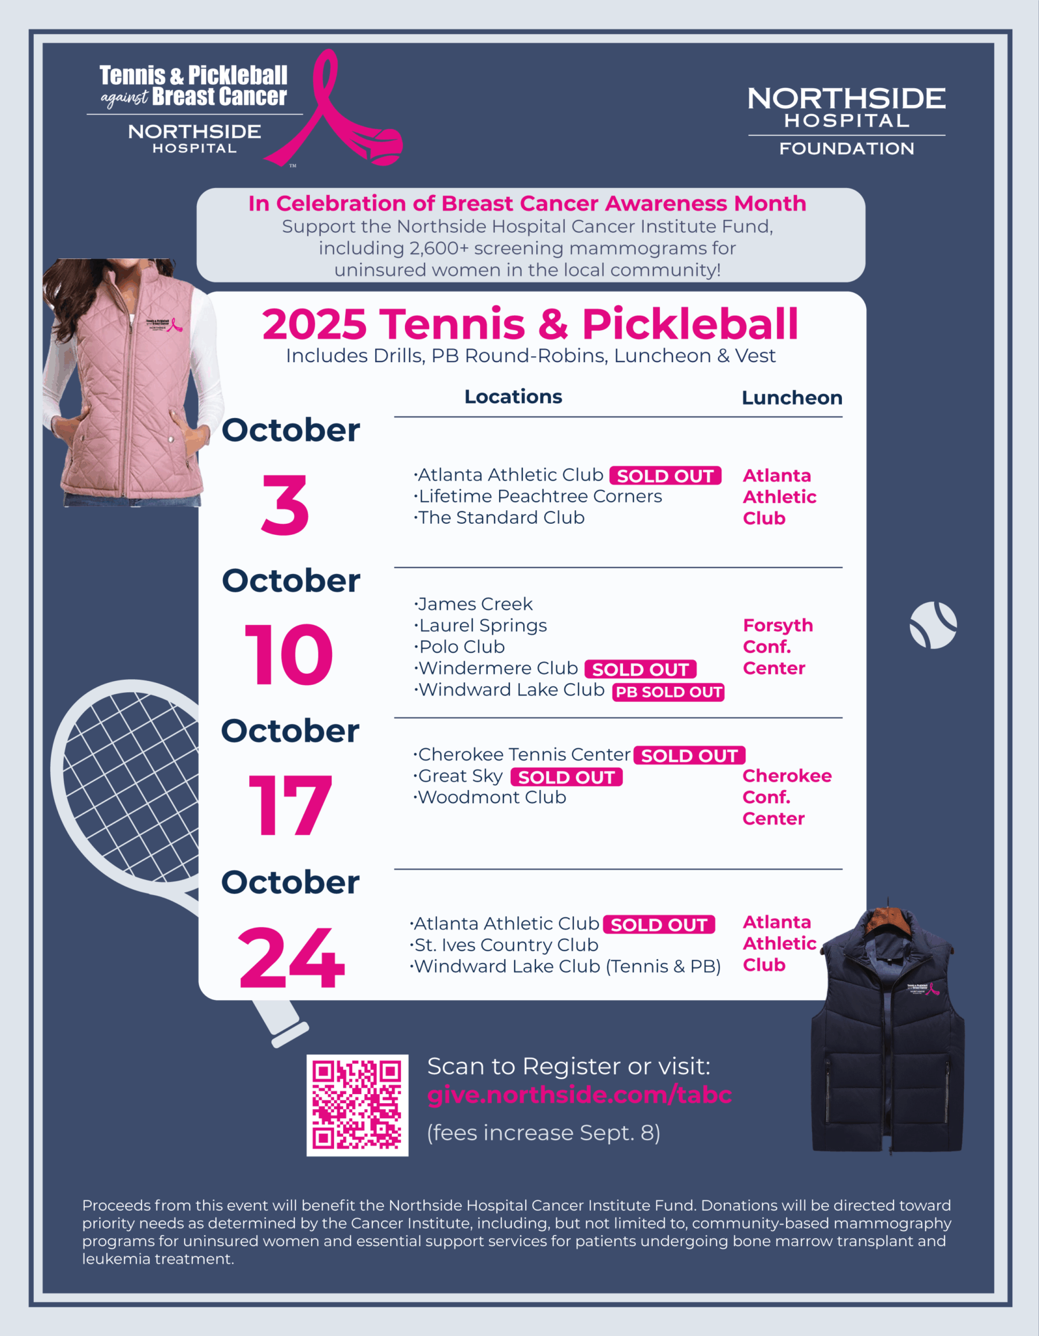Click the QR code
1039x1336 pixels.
pyautogui.click(x=357, y=1105)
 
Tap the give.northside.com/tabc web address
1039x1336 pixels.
pyautogui.click(x=579, y=1095)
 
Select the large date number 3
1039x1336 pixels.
pyautogui.click(x=285, y=506)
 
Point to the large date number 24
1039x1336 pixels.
pyautogui.click(x=291, y=958)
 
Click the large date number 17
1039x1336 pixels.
pyautogui.click(x=290, y=806)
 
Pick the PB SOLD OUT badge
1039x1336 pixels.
pyautogui.click(x=669, y=692)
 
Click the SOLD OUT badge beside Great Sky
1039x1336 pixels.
pyautogui.click(x=566, y=777)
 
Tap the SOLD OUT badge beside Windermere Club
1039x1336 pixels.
pyautogui.click(x=640, y=669)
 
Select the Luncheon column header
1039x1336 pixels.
pyautogui.click(x=792, y=398)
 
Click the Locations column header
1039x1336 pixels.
pyautogui.click(x=513, y=397)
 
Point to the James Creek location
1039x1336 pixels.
pyautogui.click(x=474, y=604)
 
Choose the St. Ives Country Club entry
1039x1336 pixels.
pyautogui.click(x=505, y=945)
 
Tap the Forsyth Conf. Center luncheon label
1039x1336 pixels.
pyautogui.click(x=777, y=646)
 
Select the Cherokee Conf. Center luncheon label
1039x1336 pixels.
pyautogui.click(x=787, y=797)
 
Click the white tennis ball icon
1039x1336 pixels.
pyautogui.click(x=933, y=625)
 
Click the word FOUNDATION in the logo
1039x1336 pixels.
pyautogui.click(x=847, y=149)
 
